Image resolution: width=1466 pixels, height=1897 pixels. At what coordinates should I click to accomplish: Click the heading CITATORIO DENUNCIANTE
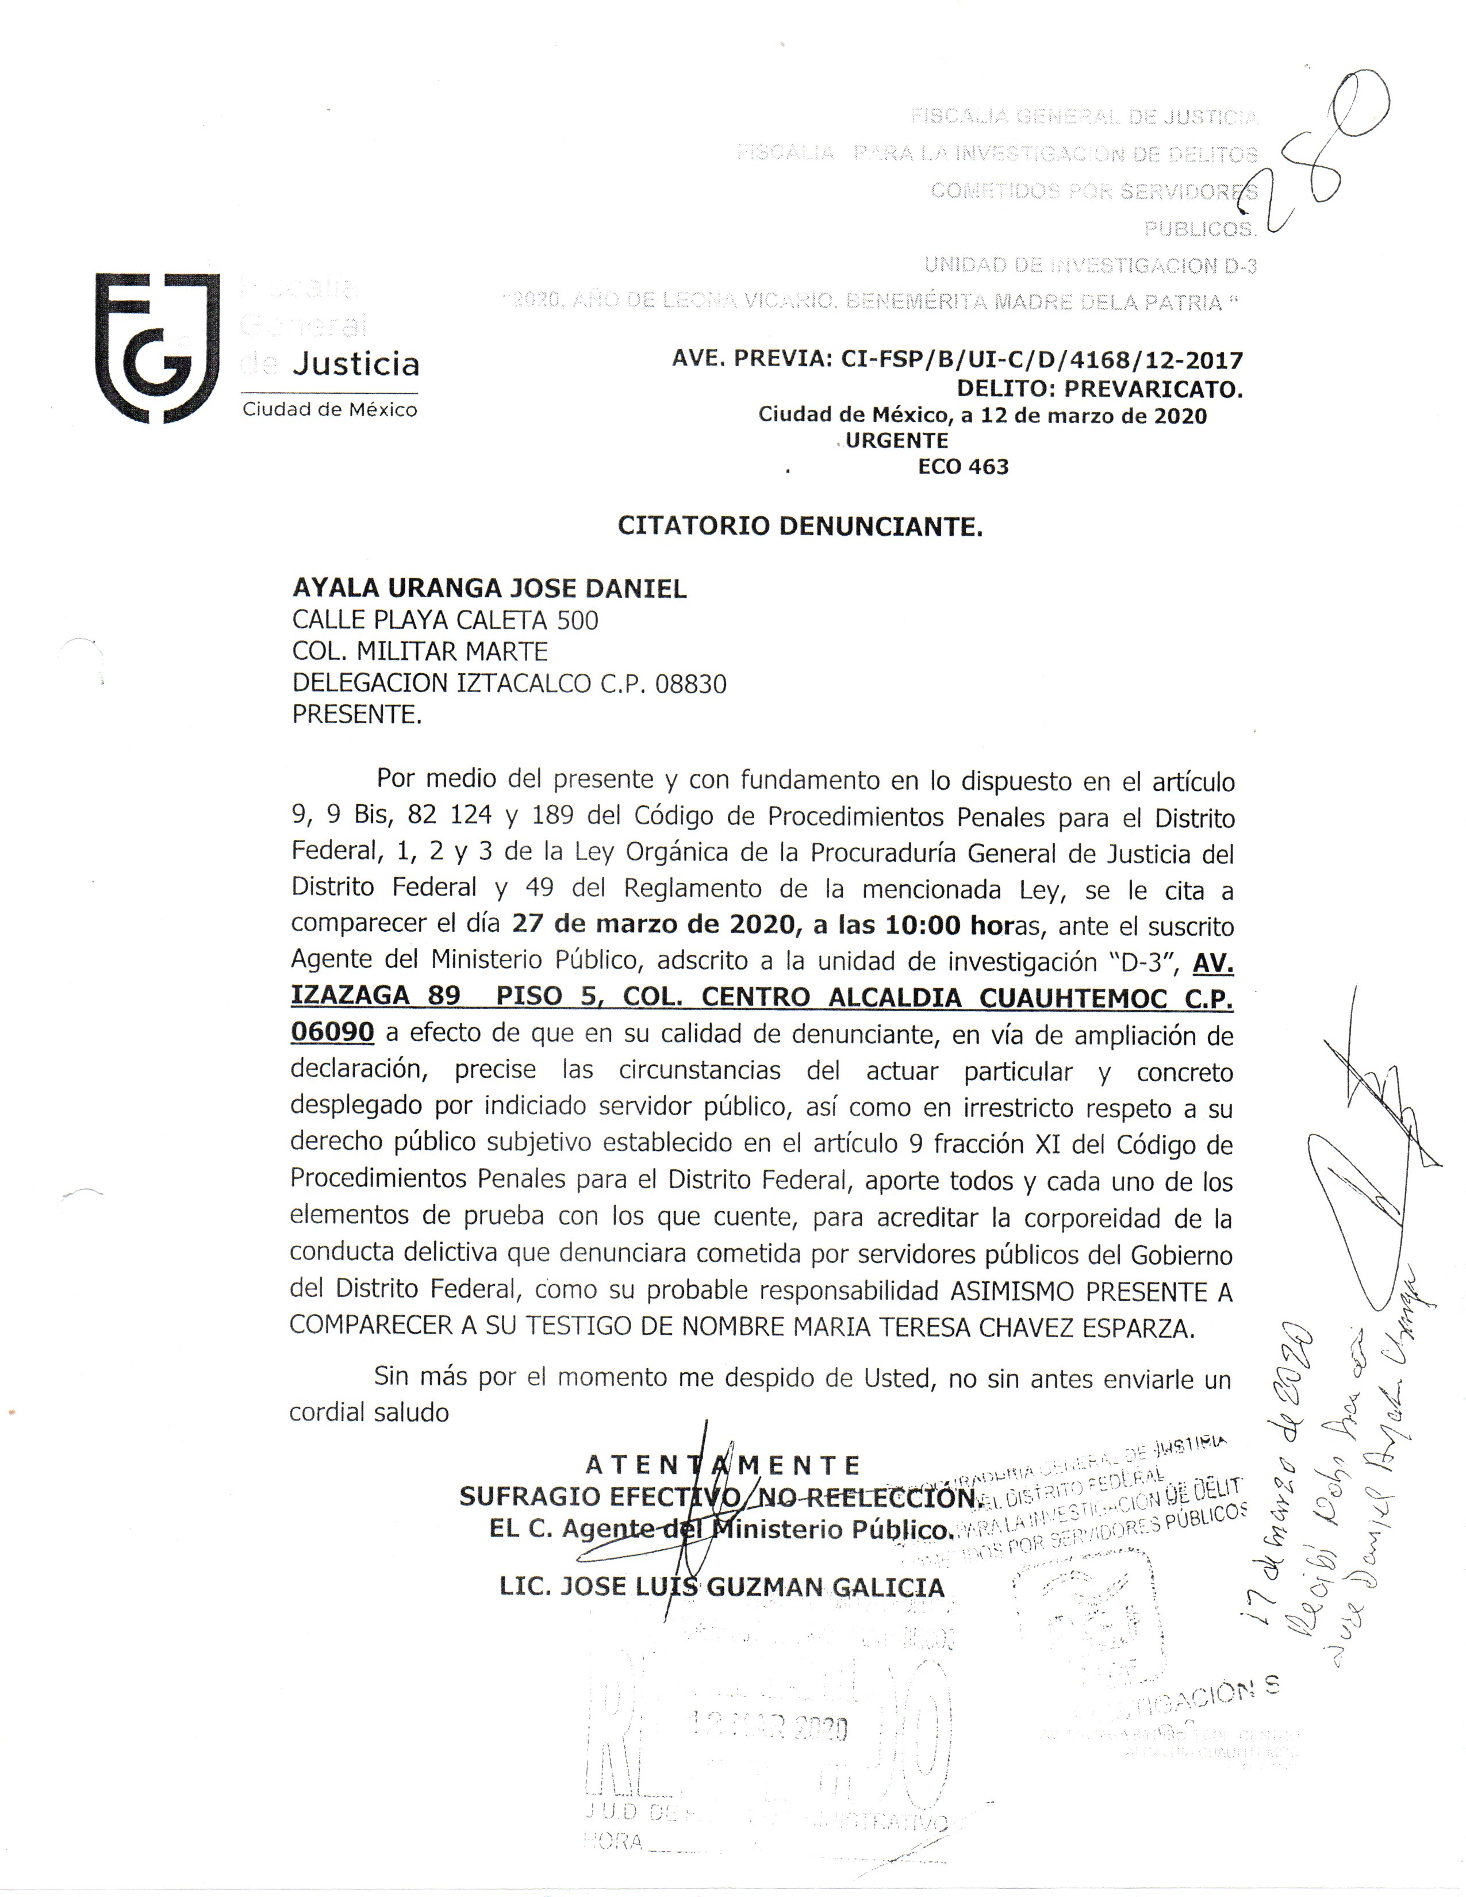(x=800, y=527)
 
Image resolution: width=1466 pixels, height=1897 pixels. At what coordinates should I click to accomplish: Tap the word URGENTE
(x=896, y=440)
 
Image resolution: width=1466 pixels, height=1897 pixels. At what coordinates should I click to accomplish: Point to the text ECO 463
(x=963, y=467)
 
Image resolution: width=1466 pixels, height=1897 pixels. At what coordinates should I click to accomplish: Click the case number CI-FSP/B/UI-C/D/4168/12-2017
(x=1041, y=360)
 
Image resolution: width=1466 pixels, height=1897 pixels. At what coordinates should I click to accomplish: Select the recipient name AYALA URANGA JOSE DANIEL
(x=489, y=589)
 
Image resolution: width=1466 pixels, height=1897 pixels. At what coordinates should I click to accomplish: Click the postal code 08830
(x=690, y=685)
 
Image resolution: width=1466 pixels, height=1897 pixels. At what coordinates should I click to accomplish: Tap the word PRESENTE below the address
(x=356, y=715)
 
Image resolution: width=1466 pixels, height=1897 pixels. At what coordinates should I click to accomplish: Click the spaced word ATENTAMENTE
(x=723, y=1465)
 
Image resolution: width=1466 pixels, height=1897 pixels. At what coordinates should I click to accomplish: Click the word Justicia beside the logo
(x=355, y=364)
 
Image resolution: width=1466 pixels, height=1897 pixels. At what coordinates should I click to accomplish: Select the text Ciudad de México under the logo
(x=330, y=410)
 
